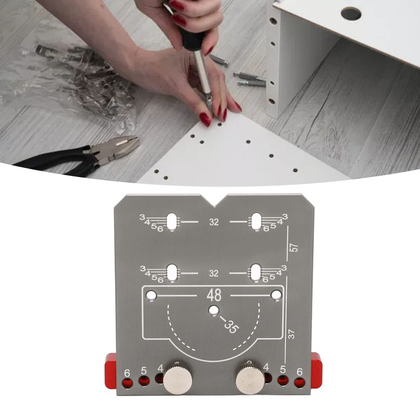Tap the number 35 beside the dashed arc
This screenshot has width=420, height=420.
[x=230, y=327]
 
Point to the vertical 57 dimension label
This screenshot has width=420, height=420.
[x=293, y=247]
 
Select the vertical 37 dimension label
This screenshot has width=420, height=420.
[x=291, y=332]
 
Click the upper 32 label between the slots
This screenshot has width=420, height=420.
[x=214, y=222]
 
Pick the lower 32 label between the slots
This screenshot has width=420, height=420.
[x=214, y=274]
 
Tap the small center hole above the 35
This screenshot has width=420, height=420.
[x=213, y=310]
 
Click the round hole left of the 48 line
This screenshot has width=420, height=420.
[x=151, y=296]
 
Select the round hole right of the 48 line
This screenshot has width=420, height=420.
[x=275, y=296]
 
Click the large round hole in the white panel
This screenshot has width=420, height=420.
[x=350, y=13]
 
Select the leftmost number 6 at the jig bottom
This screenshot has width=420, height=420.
[x=127, y=373]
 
